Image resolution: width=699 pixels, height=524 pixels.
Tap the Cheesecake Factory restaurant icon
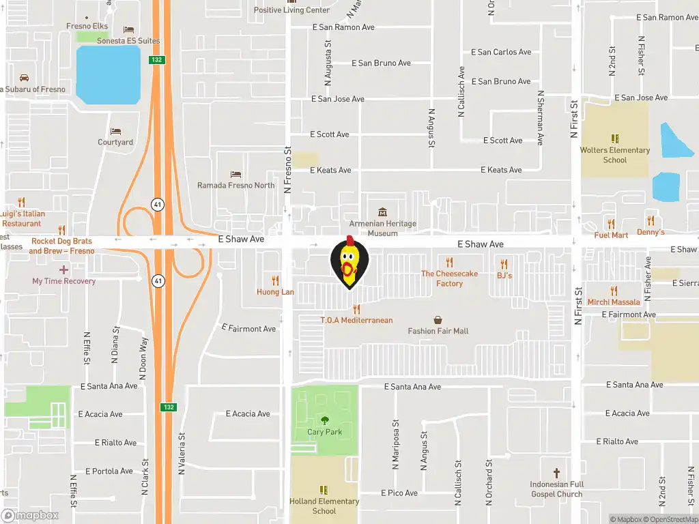[449, 262]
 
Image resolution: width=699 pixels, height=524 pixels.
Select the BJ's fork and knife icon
[504, 264]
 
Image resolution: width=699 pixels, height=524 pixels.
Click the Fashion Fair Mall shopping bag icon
[438, 319]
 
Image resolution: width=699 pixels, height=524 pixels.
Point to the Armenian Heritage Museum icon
[382, 212]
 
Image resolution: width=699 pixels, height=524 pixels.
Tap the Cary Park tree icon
[324, 420]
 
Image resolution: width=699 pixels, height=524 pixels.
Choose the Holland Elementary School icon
[324, 490]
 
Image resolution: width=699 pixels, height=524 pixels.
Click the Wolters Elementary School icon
[614, 139]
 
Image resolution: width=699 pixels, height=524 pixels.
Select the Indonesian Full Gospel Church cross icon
[556, 473]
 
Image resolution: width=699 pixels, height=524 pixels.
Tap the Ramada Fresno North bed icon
[236, 174]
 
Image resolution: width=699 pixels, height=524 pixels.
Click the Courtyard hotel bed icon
[115, 131]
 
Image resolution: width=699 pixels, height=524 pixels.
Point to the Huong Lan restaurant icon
[275, 280]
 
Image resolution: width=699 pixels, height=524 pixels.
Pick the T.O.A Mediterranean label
[356, 320]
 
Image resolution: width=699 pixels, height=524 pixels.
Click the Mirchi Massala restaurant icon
[613, 291]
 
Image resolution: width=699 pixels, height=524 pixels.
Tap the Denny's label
[651, 232]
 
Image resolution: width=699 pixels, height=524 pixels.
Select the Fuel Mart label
[611, 235]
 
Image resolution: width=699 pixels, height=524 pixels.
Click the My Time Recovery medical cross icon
[64, 270]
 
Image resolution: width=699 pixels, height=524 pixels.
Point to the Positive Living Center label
[291, 10]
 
